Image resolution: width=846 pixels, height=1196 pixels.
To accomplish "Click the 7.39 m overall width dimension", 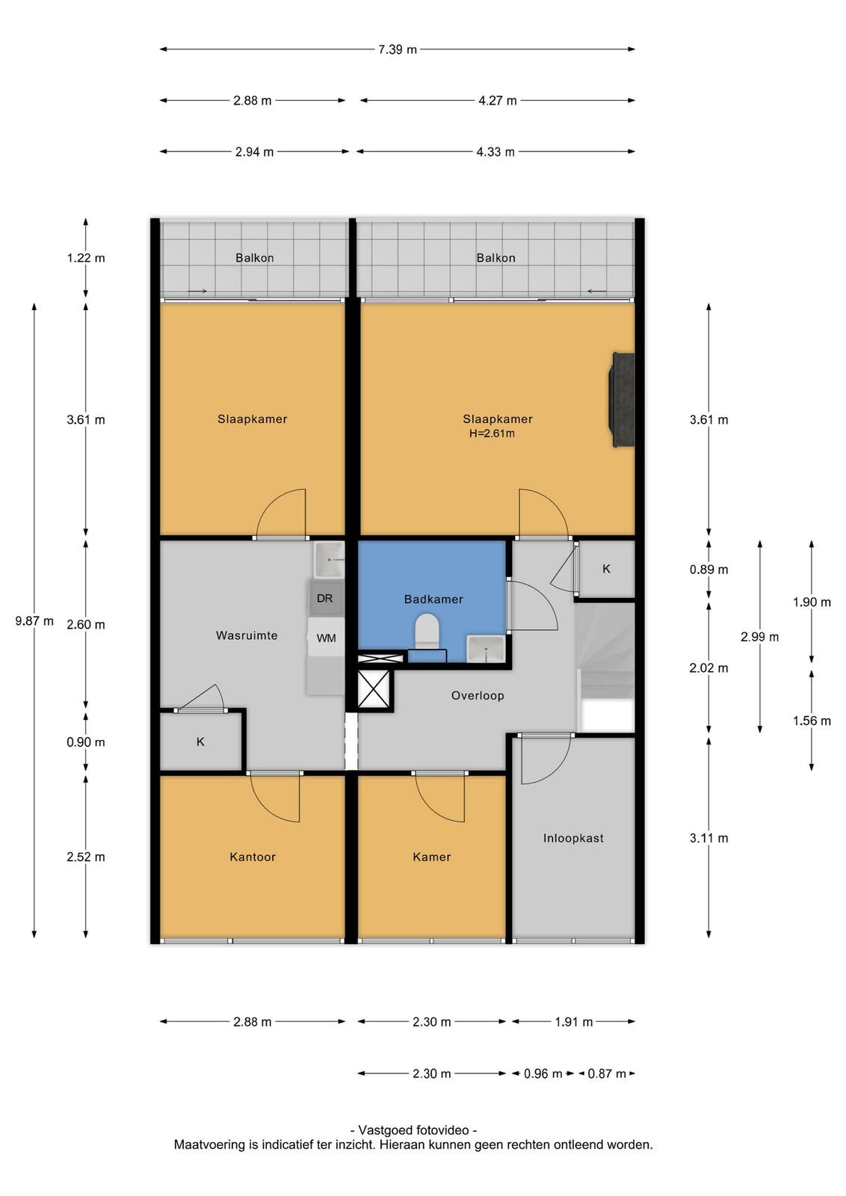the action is (x=397, y=49).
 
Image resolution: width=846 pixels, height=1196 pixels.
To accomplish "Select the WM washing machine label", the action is (x=326, y=638).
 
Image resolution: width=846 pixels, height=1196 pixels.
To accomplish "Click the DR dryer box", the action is (x=325, y=598).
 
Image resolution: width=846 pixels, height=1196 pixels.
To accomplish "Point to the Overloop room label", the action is (x=477, y=696).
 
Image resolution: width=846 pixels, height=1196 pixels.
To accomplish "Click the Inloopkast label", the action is (x=573, y=838).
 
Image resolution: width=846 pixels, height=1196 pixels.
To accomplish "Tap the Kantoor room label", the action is (x=253, y=857).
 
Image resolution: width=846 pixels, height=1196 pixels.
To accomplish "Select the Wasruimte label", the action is (x=247, y=635).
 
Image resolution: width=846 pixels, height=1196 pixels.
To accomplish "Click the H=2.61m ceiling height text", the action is (x=492, y=434).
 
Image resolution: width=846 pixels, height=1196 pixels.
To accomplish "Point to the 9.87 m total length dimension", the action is (x=34, y=621).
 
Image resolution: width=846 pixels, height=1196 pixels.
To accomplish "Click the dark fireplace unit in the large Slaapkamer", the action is (x=622, y=400).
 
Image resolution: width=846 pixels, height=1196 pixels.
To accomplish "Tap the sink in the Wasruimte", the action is (x=329, y=560).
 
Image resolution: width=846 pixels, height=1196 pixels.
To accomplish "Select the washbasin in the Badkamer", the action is (x=485, y=649).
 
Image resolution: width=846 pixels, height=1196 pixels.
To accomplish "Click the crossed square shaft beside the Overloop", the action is (x=374, y=688).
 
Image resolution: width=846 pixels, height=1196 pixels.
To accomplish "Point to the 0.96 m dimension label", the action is (x=543, y=1073).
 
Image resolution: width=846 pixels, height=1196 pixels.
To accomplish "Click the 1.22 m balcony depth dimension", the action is (x=85, y=259).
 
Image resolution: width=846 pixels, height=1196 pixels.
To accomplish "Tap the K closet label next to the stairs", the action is (x=606, y=569).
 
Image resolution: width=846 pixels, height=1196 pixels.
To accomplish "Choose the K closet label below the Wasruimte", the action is (x=200, y=742).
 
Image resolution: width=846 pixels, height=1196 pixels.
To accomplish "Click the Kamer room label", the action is (x=432, y=857).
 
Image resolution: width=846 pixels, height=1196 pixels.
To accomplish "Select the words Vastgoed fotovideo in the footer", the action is (x=414, y=1130).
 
